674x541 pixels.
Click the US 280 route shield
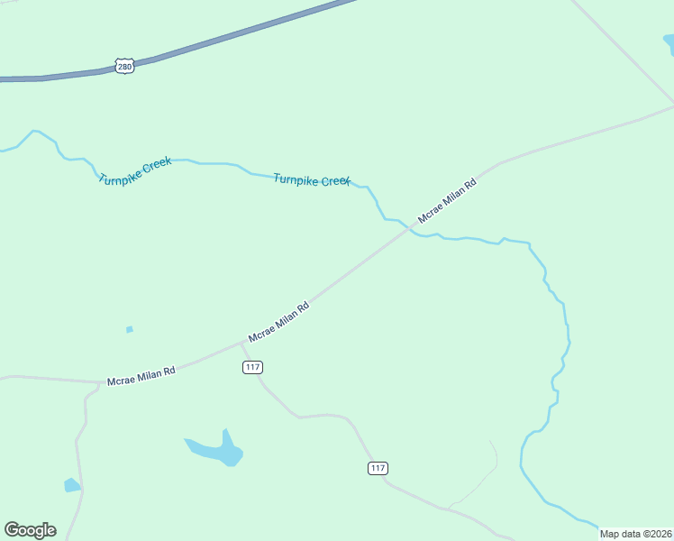[125, 66]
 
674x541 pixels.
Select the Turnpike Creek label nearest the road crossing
[311, 180]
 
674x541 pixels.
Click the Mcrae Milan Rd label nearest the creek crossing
[446, 201]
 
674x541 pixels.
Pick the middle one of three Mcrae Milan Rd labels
[278, 321]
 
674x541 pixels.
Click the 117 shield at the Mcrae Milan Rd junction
[252, 367]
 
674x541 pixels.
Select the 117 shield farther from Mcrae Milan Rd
[378, 467]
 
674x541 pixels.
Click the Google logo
[30, 530]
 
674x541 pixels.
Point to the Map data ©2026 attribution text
[635, 534]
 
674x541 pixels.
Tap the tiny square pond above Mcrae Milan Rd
[130, 329]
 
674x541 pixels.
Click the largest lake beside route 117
[216, 450]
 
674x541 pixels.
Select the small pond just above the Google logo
[72, 485]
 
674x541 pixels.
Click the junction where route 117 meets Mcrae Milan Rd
[241, 344]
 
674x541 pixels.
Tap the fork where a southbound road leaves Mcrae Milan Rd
[99, 383]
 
